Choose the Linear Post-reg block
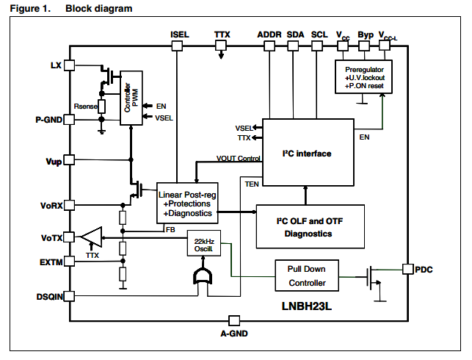(187, 203)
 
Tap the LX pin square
(70, 65)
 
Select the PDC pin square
(407, 269)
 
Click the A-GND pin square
(234, 320)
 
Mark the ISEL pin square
(177, 46)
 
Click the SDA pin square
(293, 46)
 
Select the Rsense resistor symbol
(102, 106)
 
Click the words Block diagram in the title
(99, 9)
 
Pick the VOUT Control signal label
(239, 159)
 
